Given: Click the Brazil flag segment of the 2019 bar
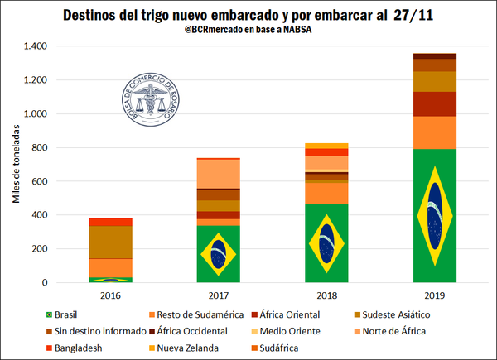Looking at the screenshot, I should point(435,215).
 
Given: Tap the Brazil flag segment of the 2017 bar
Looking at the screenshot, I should point(218,253).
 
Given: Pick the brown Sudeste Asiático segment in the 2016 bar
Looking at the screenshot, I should point(111,242).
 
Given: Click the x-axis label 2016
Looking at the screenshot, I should point(111,295).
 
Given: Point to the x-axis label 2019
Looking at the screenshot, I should point(434,295).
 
